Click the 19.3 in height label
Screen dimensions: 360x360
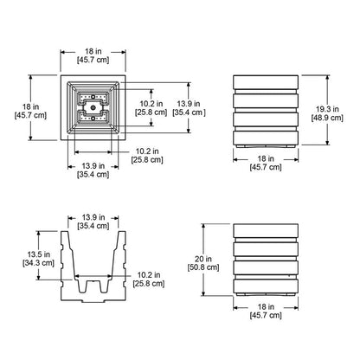coord(327,109)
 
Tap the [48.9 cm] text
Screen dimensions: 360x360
coord(327,118)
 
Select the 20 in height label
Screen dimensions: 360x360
coord(203,259)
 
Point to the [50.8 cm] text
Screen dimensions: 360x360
coord(203,267)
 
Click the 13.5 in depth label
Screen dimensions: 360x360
coord(39,254)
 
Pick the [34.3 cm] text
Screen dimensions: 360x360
coord(38,263)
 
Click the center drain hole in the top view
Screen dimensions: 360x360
coord(93,107)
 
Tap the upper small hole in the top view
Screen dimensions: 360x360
coord(93,97)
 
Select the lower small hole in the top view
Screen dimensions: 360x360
coord(93,119)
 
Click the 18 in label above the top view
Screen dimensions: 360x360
coord(93,52)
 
